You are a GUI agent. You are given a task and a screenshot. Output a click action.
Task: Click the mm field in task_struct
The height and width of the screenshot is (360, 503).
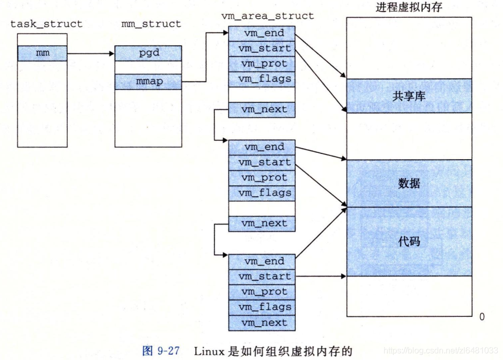42,53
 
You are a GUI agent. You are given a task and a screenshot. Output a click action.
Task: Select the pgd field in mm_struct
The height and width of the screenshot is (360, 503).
148,53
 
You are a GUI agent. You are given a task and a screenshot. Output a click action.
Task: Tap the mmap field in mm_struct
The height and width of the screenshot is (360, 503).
148,81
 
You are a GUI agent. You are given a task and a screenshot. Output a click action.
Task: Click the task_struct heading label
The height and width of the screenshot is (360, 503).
46,24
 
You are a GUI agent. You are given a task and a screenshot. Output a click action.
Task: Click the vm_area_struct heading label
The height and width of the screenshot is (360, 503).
268,16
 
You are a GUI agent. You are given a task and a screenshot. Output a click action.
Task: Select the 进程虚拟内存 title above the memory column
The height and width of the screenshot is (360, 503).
409,7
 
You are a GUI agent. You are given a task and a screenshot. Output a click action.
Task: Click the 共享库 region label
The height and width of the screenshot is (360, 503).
409,96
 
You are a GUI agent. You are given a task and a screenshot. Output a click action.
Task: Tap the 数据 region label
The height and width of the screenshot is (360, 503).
409,184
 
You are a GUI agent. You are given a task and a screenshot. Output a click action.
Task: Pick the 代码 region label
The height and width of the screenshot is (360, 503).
409,242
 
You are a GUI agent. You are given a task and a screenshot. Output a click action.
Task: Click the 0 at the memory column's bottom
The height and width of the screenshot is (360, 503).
482,317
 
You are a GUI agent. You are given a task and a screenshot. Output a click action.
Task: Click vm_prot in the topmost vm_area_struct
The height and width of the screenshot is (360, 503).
261,64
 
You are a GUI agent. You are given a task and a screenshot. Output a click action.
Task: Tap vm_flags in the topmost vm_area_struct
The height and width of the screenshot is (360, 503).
261,79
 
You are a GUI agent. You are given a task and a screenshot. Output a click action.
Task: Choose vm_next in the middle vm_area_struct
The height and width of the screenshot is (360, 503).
261,223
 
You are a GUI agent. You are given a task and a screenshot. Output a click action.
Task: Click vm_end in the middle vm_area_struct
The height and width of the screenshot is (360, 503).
261,147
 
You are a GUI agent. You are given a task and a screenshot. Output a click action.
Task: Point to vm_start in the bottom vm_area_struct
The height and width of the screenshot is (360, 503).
261,277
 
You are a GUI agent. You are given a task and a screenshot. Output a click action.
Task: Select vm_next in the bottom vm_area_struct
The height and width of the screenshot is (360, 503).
261,322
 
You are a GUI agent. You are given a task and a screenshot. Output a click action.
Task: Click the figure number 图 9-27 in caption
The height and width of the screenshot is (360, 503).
161,351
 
